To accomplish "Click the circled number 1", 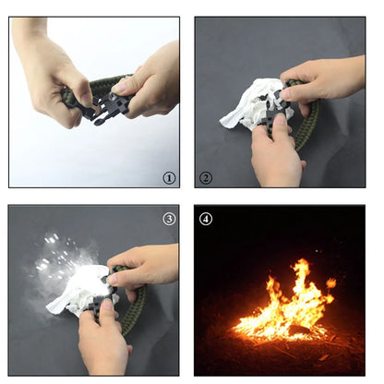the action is (169, 178).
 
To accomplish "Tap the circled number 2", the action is (206, 178).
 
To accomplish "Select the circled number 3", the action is (169, 219).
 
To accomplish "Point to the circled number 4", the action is (206, 219).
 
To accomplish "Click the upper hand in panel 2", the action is (320, 81).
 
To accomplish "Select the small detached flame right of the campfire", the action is (330, 282).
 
